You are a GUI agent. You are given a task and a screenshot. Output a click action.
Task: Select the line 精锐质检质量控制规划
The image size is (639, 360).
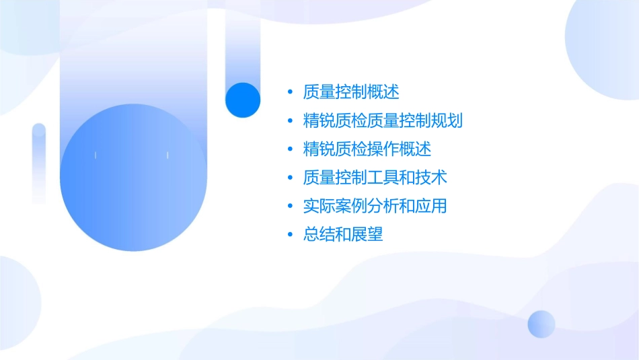pos(383,120)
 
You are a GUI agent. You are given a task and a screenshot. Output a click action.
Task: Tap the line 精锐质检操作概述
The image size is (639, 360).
pos(367,149)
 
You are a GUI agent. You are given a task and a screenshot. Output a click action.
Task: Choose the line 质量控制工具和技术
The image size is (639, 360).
pos(375,178)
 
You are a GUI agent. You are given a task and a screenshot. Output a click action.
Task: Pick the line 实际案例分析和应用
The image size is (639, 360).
pos(375,206)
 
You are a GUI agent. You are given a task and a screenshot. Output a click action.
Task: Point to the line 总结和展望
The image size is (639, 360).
pos(342,235)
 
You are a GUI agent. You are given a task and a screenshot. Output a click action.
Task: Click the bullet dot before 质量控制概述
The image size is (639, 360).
pos(290,92)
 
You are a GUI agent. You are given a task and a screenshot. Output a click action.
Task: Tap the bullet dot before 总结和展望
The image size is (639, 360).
pos(290,236)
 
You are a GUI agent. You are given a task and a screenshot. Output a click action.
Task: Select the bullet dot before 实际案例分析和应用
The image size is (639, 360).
pos(290,207)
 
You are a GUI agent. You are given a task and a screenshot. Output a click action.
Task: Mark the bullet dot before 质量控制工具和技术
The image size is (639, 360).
pos(290,178)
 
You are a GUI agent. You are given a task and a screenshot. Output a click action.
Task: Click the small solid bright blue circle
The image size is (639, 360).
pos(243,100)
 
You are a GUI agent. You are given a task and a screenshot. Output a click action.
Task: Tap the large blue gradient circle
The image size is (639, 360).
pos(133,178)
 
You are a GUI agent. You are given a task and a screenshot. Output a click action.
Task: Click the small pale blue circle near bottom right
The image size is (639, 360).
pos(541,324)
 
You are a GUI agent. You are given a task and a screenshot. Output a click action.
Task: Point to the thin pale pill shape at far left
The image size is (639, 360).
pos(39,163)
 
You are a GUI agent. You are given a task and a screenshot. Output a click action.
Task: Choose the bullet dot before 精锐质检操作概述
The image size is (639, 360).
pos(290,149)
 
